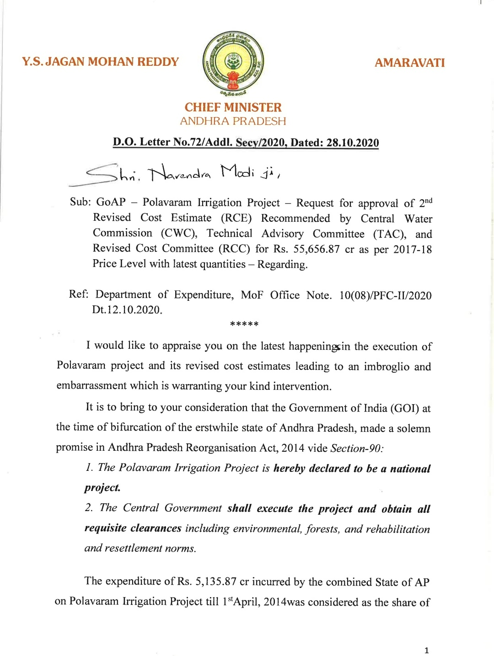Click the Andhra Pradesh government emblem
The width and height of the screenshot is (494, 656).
pyautogui.click(x=233, y=62)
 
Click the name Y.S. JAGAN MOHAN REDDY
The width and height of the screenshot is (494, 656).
pyautogui.click(x=101, y=62)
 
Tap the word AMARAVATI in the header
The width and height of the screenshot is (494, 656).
pyautogui.click(x=409, y=63)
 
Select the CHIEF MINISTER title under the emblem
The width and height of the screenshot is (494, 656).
pyautogui.click(x=233, y=107)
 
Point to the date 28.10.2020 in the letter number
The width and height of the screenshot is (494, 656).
pyautogui.click(x=352, y=143)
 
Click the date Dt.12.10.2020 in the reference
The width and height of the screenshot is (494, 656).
pyautogui.click(x=127, y=310)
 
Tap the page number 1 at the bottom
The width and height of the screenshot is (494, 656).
pyautogui.click(x=426, y=651)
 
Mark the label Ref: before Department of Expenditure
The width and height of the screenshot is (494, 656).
pyautogui.click(x=78, y=294)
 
